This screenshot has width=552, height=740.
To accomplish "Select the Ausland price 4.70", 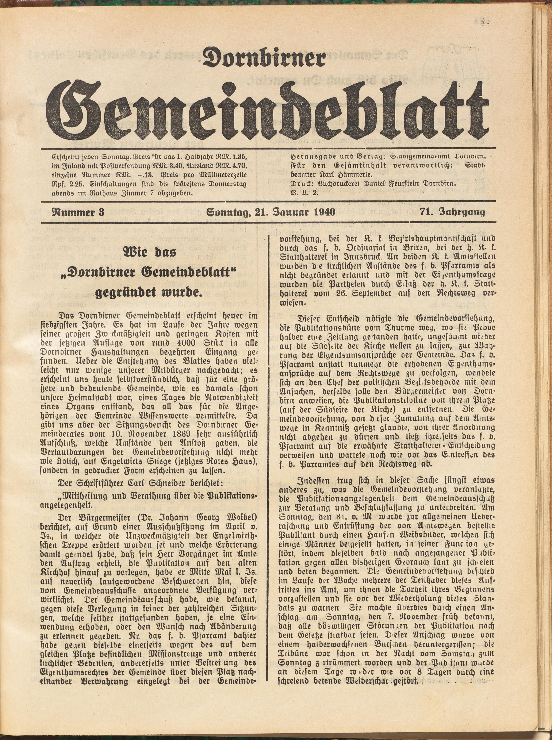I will (235, 166).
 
